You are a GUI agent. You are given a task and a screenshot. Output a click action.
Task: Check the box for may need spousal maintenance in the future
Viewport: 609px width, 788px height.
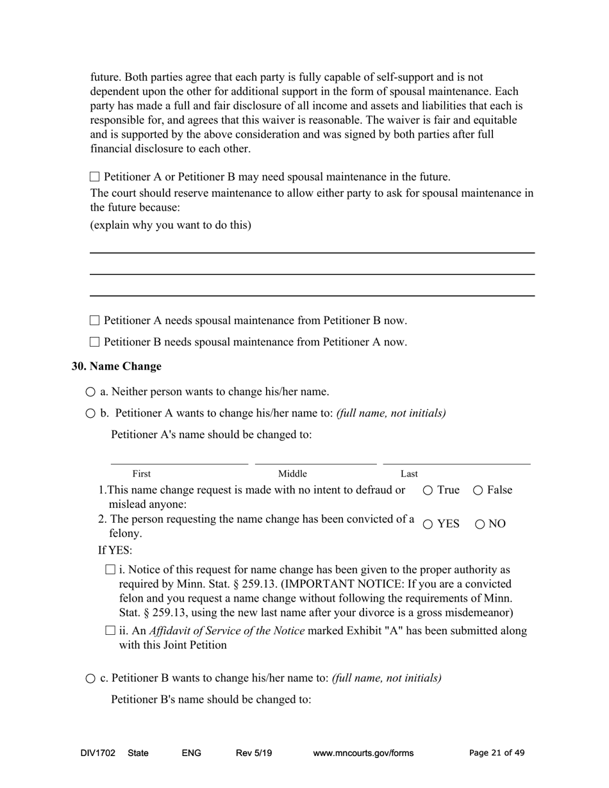95,177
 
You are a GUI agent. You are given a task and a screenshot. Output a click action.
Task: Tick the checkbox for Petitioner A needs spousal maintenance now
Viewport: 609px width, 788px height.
95,320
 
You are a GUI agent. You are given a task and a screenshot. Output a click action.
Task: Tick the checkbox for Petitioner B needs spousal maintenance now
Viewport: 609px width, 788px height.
95,342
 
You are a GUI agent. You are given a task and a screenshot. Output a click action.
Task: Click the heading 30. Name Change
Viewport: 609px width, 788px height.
116,366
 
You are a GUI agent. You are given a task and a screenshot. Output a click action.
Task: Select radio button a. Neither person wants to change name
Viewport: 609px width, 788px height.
90,392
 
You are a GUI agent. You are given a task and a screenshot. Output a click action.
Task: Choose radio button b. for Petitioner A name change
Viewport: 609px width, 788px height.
90,414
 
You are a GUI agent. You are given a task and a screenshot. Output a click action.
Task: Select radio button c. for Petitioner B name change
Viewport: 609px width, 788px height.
90,678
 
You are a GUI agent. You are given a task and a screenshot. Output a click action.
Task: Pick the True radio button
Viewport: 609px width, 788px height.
428,491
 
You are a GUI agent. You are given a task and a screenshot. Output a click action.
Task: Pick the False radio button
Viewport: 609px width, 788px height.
478,491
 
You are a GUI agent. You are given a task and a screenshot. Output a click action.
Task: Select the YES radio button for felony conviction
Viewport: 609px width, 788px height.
428,524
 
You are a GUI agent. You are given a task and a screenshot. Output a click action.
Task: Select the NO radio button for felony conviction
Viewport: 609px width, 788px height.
480,524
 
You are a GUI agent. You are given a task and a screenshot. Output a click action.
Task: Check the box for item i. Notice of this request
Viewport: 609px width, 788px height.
110,570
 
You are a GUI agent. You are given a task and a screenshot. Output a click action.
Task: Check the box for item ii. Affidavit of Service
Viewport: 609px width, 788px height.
110,631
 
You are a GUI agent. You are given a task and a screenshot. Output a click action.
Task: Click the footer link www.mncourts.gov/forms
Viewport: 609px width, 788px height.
363,753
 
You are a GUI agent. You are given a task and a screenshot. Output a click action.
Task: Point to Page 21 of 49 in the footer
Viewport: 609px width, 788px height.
497,753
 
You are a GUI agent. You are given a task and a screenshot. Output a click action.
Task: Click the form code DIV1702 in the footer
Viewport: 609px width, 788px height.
98,753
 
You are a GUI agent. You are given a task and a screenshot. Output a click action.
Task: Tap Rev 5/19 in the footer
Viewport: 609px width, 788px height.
254,753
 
